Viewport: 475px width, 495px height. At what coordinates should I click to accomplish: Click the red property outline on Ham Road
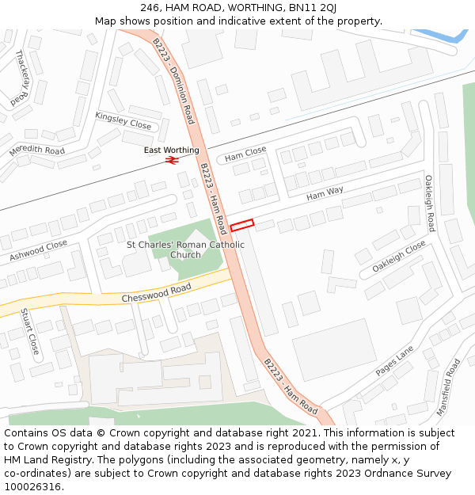(x=241, y=226)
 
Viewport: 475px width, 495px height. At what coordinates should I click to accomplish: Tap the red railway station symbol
(x=172, y=160)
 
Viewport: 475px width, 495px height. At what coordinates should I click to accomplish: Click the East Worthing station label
(x=172, y=150)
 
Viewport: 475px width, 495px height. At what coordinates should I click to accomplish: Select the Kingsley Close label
(x=123, y=120)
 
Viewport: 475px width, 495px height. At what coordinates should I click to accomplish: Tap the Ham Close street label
(x=245, y=151)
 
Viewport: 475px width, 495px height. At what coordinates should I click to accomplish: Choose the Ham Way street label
(x=325, y=192)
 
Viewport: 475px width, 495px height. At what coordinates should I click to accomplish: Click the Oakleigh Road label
(x=428, y=204)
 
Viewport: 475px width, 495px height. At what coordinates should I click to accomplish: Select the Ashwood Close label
(x=39, y=251)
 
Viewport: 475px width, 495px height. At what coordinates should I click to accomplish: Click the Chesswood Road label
(x=158, y=293)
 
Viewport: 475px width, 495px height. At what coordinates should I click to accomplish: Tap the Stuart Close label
(x=29, y=331)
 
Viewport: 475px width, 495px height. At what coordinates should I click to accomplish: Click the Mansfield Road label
(x=448, y=387)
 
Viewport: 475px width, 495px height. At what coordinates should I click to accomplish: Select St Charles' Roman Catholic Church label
(x=186, y=249)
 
